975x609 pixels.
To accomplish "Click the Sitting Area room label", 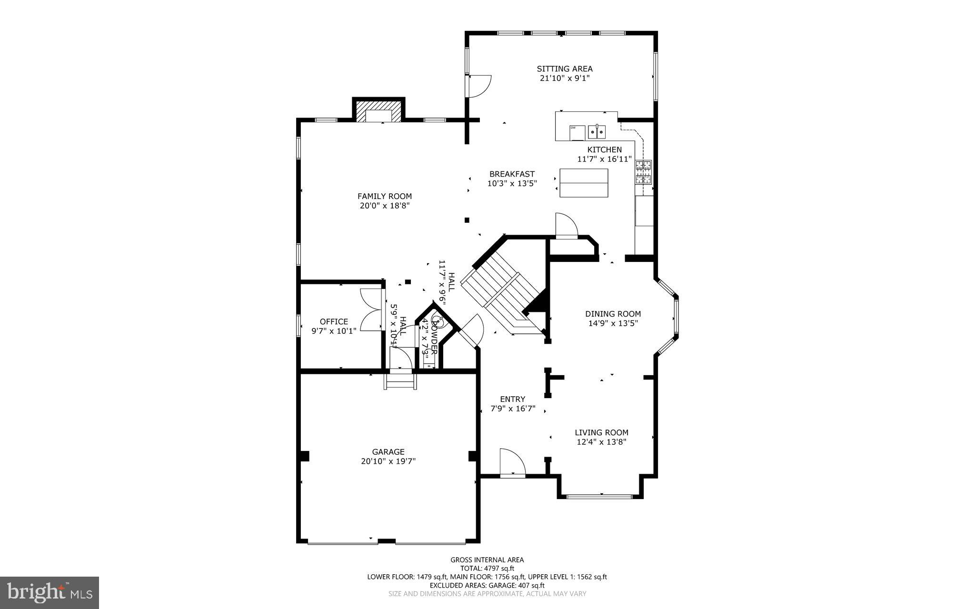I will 565,69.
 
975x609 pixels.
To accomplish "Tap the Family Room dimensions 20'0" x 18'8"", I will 385,206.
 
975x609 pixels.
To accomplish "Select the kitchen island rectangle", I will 584,183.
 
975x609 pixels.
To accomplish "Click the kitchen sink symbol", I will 597,130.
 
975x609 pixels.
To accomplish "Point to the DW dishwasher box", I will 577,133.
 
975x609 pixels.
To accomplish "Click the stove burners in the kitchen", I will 644,172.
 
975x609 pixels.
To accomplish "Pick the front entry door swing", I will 512,462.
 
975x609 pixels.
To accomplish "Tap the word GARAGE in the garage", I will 388,452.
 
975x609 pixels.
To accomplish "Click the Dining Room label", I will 613,314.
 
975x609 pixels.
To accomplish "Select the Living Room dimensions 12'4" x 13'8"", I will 601,442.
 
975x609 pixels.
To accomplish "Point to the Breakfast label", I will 512,174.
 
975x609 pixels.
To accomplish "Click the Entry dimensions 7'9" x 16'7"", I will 512,409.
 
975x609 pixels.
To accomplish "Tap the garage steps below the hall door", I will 400,382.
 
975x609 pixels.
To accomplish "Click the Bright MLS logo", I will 50,592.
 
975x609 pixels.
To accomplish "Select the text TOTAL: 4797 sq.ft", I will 487,568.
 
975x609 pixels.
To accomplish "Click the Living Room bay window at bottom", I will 600,497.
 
